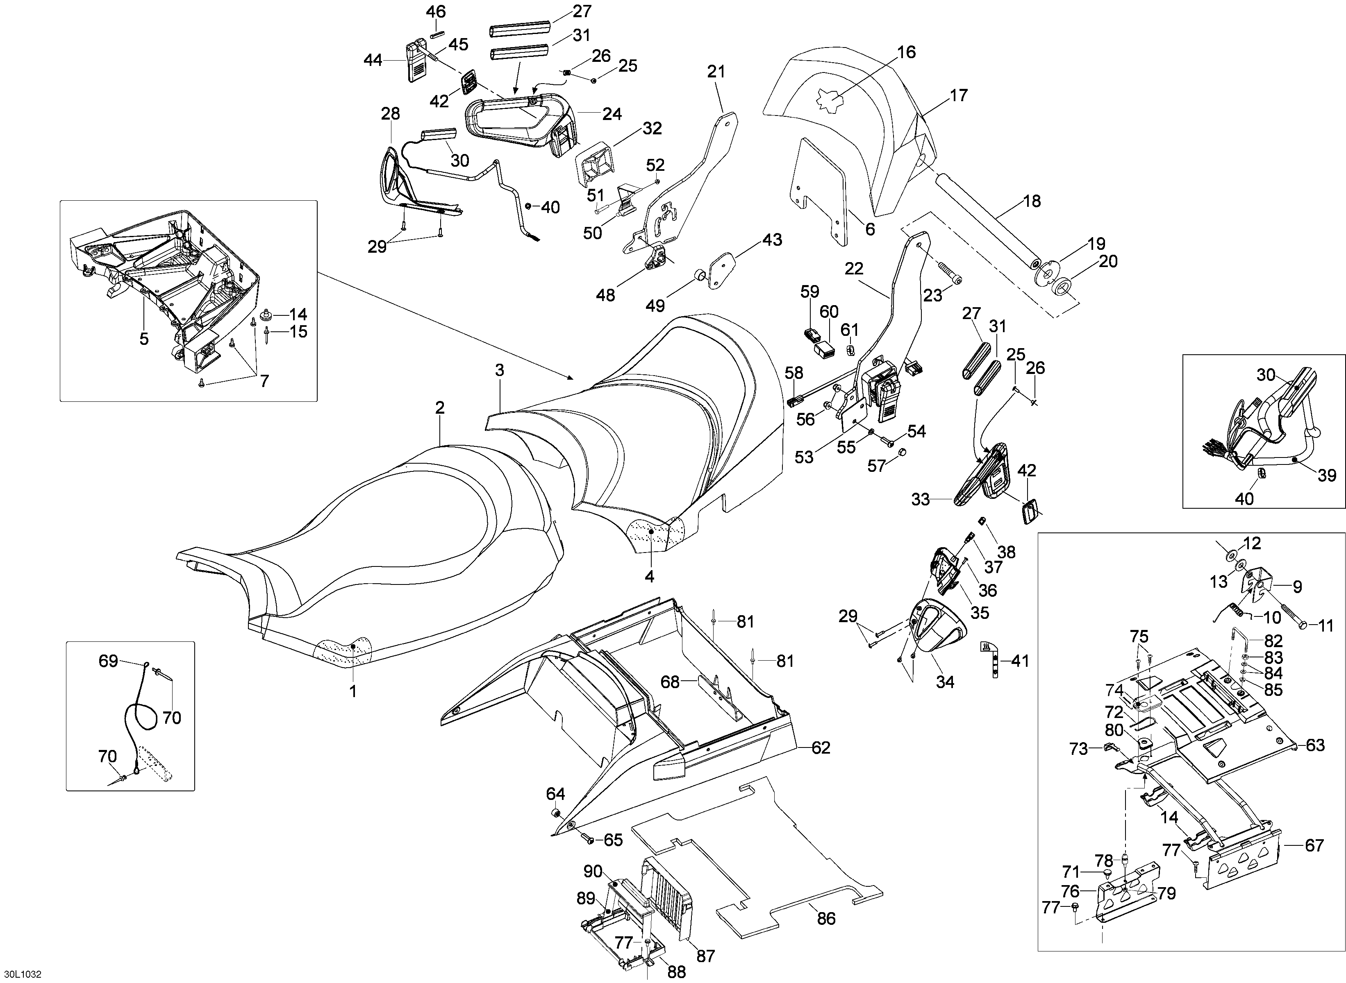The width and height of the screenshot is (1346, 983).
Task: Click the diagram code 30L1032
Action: (x=21, y=974)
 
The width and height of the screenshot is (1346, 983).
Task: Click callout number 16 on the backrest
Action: (x=906, y=52)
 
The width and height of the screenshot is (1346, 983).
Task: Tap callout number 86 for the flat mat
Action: (x=826, y=918)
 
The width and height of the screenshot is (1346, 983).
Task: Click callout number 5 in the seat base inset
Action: (x=144, y=339)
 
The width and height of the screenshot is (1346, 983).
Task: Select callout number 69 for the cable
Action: (x=108, y=661)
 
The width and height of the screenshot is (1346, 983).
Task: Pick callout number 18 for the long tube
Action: (x=1032, y=201)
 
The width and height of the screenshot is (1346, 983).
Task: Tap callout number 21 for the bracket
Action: (x=716, y=72)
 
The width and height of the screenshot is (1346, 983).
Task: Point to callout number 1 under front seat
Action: (x=353, y=691)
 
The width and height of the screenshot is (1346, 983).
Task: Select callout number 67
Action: (x=1314, y=845)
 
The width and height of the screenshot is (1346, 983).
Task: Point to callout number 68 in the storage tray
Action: (x=670, y=682)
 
